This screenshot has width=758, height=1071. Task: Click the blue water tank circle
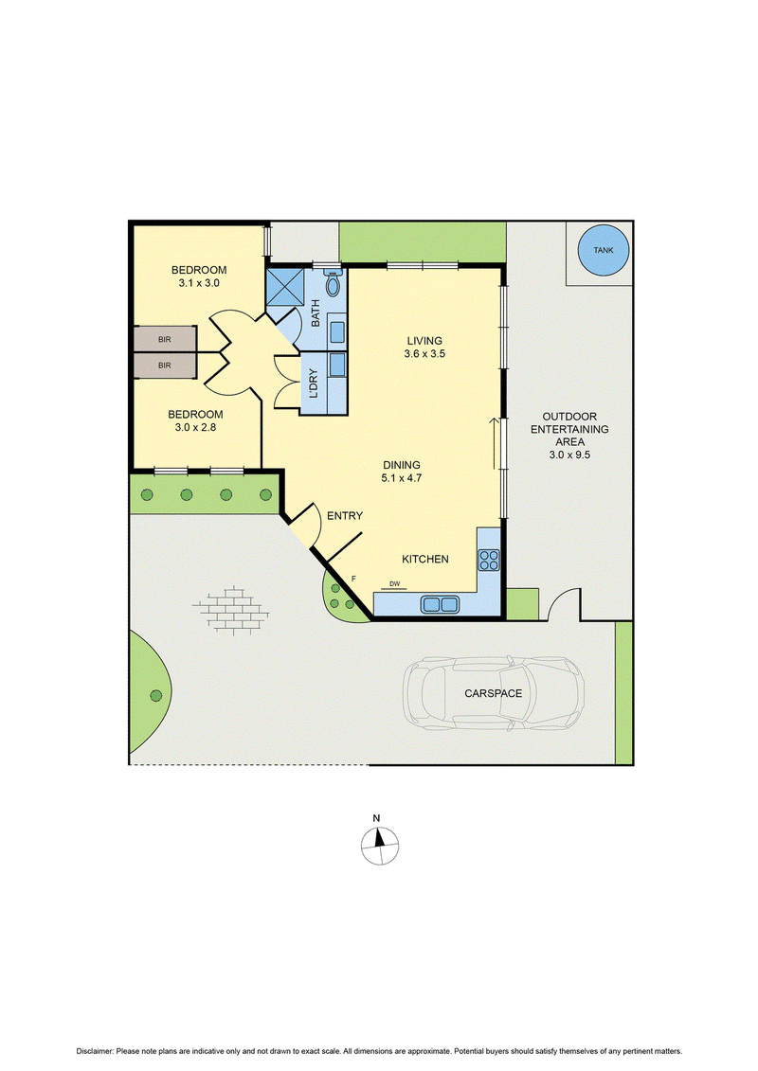pos(604,250)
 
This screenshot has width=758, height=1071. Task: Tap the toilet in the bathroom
pos(333,283)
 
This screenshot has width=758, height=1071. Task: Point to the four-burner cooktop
pos(489,560)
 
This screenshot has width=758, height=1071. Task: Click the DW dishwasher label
pos(394,584)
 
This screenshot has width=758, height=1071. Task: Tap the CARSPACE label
pos(493,693)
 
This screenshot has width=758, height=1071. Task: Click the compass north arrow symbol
pos(379,845)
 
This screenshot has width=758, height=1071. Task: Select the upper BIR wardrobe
pos(165,339)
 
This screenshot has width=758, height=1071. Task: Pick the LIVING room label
pos(424,341)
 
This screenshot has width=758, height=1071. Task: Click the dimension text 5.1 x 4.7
pos(401,478)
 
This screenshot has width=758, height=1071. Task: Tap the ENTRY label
pos(345,516)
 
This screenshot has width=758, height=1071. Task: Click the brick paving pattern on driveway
pos(231,610)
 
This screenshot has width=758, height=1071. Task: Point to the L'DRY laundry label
pos(313,384)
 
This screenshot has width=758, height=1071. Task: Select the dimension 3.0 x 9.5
pos(569,455)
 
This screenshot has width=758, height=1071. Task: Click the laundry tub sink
pos(337,365)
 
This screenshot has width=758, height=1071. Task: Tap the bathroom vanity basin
pos(337,332)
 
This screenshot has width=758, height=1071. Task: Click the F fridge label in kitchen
pos(353,579)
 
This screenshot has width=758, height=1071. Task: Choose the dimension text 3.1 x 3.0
pos(199,283)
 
